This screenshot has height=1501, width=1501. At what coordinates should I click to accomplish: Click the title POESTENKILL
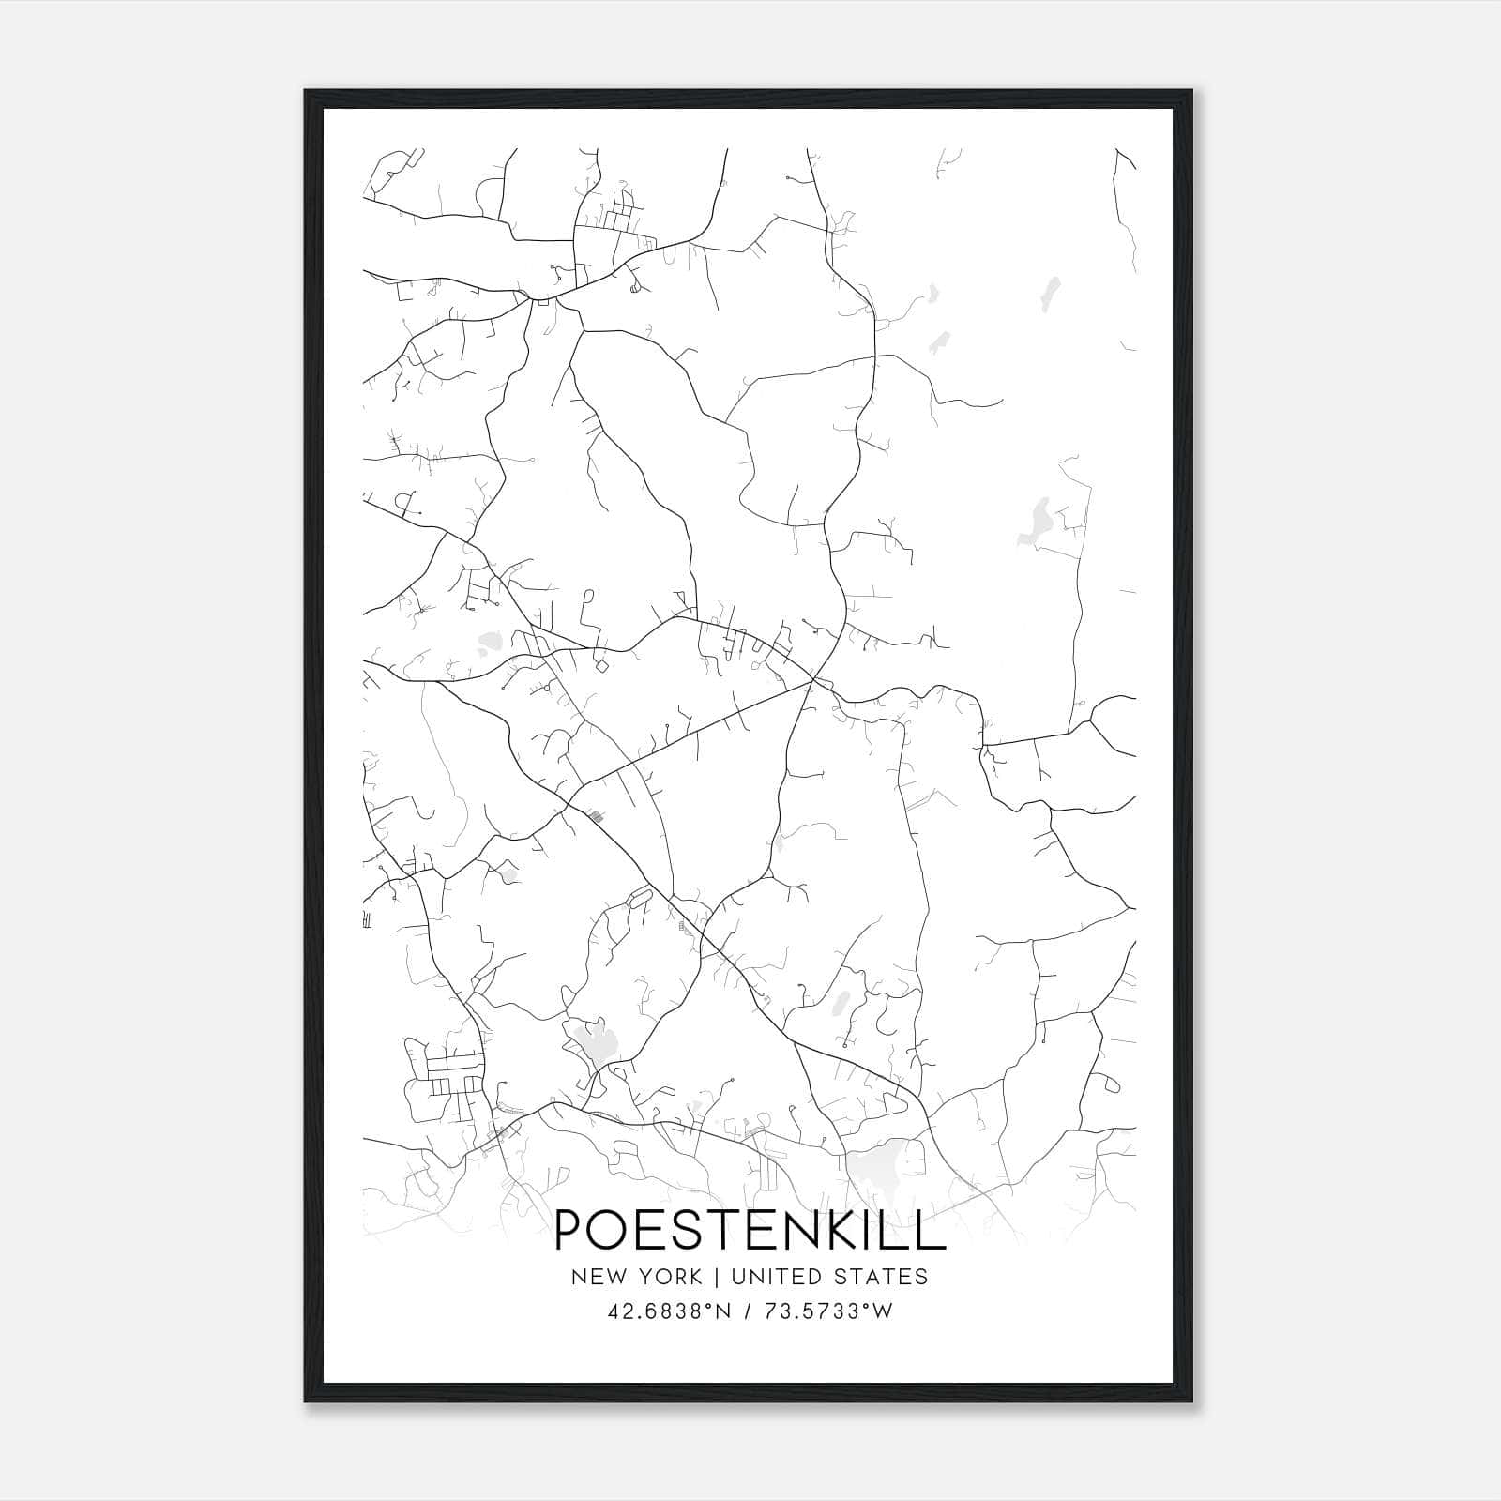tap(750, 1229)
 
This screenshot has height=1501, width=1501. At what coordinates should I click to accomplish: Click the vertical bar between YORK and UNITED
tap(716, 1277)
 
